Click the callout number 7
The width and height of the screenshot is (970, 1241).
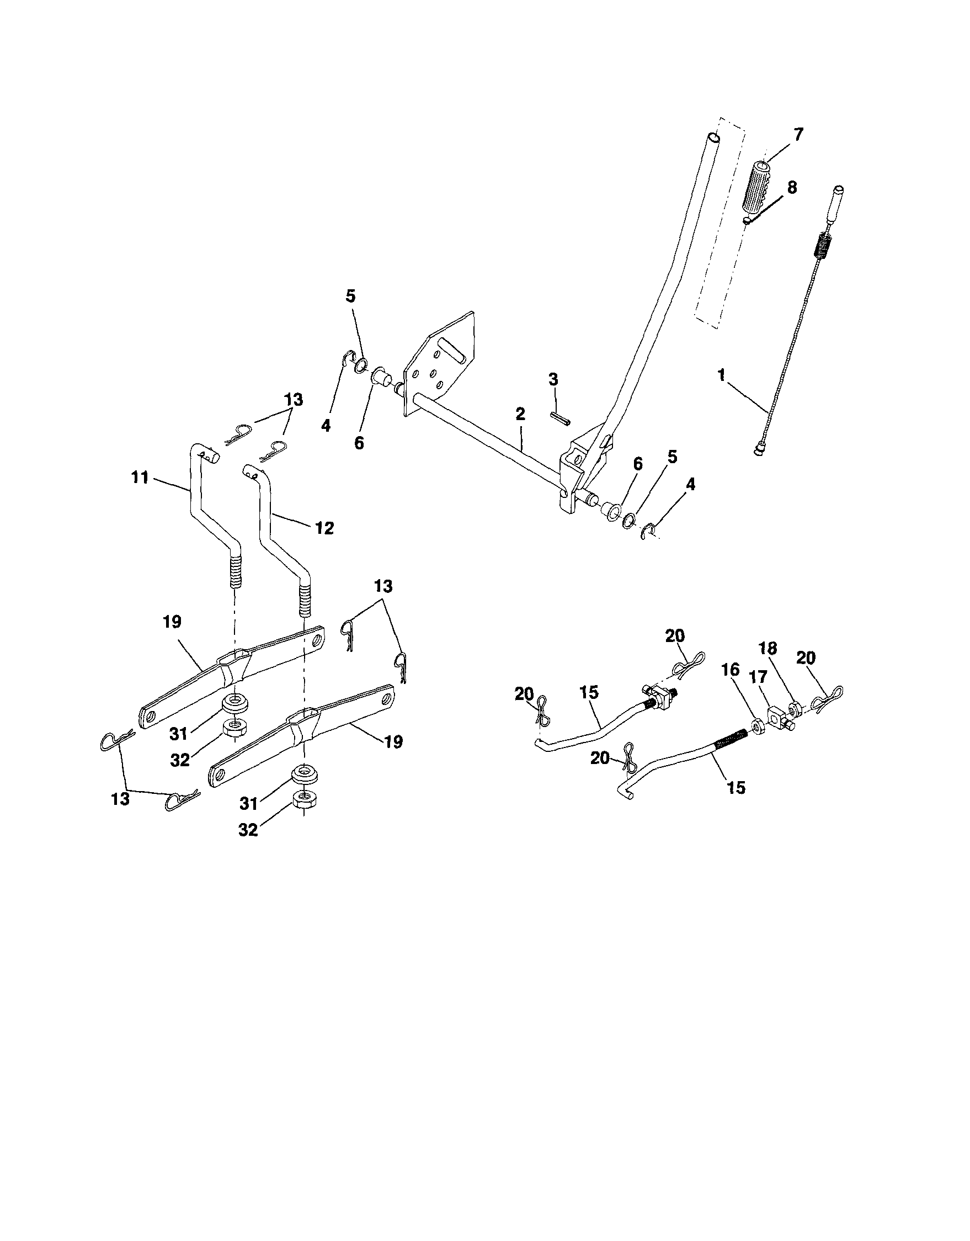coord(798,135)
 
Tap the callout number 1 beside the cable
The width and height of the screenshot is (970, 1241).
coord(721,375)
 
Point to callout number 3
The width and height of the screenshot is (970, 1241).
coord(553,379)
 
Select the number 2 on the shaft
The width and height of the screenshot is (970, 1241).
coord(520,413)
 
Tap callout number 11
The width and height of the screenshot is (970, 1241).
coord(140,478)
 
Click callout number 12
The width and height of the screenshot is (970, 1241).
coord(324,528)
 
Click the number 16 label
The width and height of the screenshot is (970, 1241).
coord(732,671)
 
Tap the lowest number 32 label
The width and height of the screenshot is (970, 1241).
coord(248,830)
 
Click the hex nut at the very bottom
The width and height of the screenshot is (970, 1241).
coord(303,800)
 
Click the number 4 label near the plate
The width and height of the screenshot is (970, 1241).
coord(326,426)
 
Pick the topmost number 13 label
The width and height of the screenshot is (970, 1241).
coord(294,400)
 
